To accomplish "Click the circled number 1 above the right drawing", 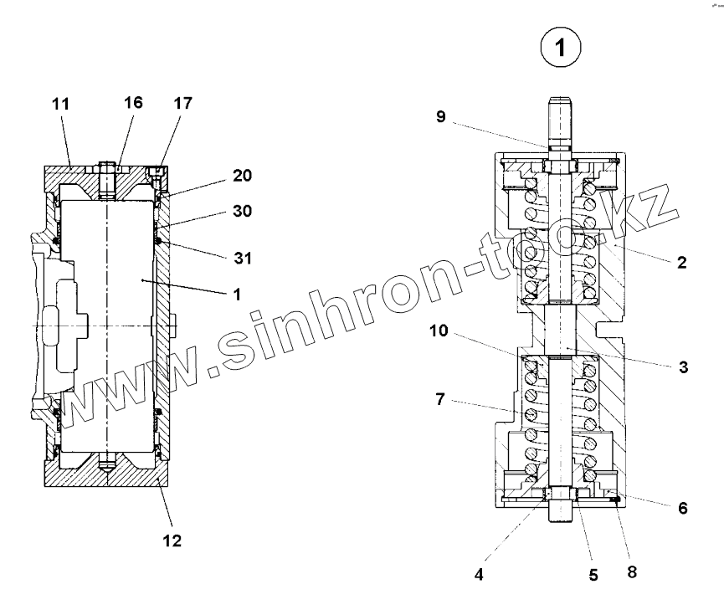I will [x=561, y=49].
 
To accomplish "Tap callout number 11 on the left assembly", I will [x=60, y=104].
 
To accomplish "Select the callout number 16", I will [x=133, y=102].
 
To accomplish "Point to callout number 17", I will [x=182, y=104].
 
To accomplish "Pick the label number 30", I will [x=243, y=212].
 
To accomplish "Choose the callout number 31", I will [x=243, y=259].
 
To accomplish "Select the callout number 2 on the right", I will [x=681, y=262].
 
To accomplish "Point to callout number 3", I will [x=683, y=367].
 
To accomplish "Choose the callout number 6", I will [x=683, y=508].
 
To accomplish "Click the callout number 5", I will [x=593, y=576].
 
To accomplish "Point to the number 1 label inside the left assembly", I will [x=238, y=294].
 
